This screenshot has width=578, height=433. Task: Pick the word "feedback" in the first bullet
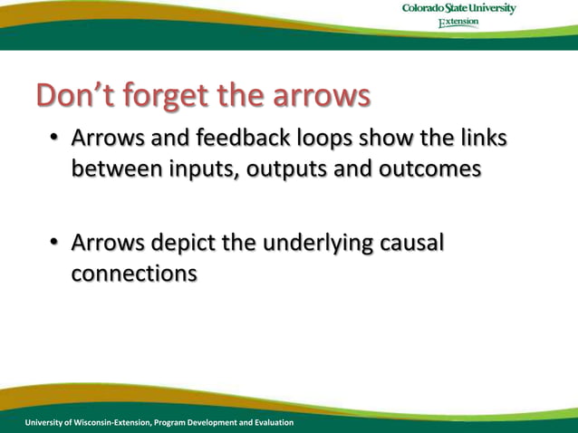[236, 139]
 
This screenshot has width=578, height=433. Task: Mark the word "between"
[114, 169]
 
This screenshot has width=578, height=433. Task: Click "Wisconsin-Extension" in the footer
[111, 423]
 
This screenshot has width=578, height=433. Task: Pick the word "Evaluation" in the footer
[270, 423]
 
